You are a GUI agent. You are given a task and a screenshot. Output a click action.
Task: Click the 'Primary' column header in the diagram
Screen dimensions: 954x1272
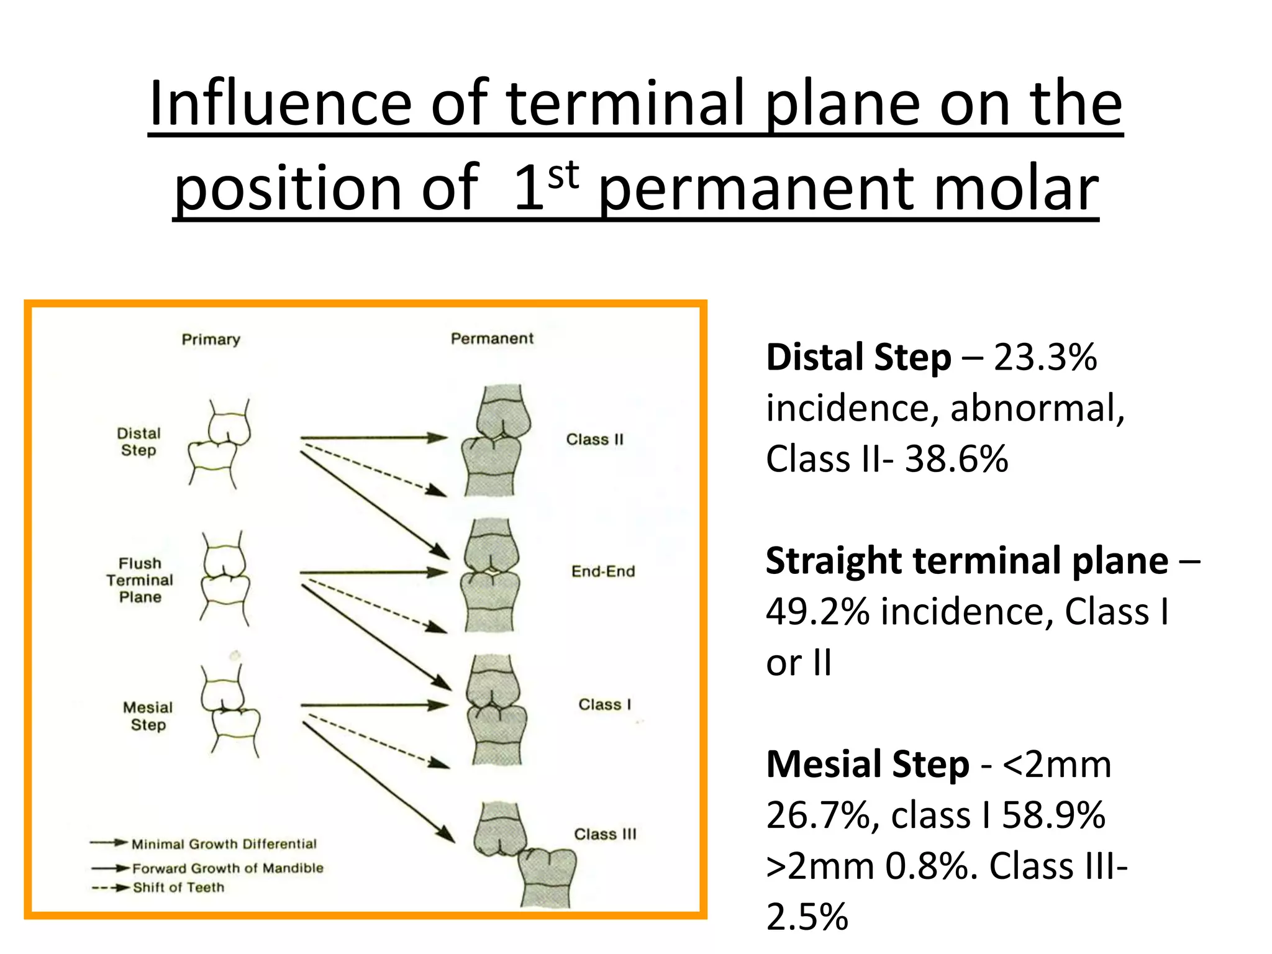click(211, 339)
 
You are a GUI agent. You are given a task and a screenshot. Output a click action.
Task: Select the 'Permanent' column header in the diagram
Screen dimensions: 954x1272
click(492, 338)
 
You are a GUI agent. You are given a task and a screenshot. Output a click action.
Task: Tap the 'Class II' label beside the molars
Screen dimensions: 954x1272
click(594, 439)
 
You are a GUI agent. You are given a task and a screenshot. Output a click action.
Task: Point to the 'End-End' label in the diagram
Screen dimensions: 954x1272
click(603, 571)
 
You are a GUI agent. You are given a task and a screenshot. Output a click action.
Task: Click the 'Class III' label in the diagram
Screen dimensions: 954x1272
click(605, 834)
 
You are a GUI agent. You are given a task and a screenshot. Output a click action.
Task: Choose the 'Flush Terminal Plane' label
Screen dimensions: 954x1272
click(140, 580)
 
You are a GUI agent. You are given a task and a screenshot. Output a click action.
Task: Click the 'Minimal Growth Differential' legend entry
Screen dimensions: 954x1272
click(224, 843)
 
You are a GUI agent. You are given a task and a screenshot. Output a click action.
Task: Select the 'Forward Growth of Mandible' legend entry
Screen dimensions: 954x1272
click(228, 868)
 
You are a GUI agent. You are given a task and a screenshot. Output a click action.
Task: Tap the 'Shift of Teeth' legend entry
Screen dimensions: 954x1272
click(178, 888)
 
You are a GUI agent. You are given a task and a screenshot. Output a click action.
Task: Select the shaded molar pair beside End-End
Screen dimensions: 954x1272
click(491, 575)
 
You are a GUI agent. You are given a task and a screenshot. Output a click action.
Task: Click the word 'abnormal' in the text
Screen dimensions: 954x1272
click(1037, 409)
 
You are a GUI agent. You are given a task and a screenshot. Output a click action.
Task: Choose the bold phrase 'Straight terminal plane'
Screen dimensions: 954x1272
click(966, 561)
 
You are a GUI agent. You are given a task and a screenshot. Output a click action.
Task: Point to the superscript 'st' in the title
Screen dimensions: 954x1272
click(563, 175)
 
